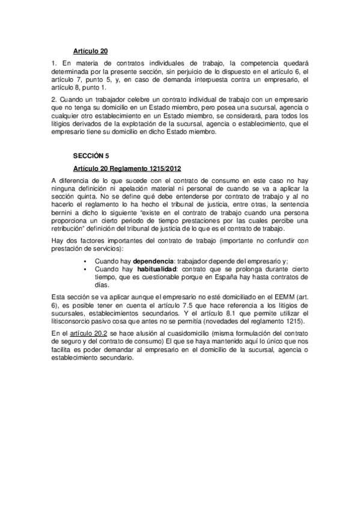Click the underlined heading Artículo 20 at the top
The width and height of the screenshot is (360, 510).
pos(91,51)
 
